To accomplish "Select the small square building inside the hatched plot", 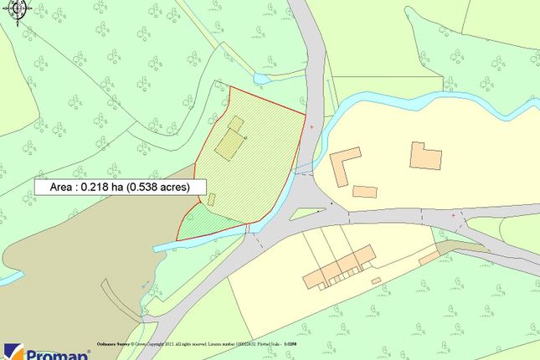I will click(236, 124).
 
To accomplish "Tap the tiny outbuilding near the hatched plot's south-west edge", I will click(212, 199).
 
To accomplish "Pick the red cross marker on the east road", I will click(454, 215).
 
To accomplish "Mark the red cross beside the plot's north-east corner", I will click(312, 126).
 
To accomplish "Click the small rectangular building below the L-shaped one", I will click(364, 192).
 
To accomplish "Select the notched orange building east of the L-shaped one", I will click(425, 156).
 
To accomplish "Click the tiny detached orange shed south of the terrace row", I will click(376, 280).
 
